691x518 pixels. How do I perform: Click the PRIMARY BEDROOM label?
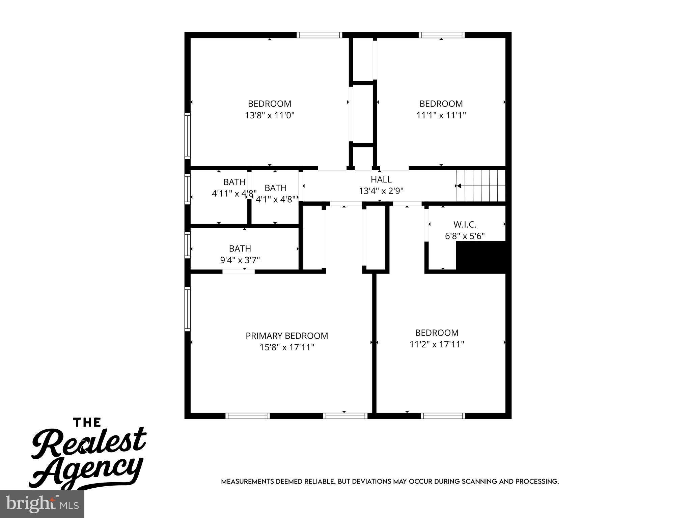tap(286, 336)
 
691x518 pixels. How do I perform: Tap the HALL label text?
tap(381, 179)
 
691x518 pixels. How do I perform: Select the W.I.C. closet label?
tap(465, 224)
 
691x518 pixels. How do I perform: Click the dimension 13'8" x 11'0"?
tap(270, 115)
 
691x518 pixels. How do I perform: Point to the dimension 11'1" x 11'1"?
tap(441, 115)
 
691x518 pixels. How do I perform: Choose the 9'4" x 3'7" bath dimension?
tap(240, 260)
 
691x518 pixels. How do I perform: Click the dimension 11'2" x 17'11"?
tap(437, 344)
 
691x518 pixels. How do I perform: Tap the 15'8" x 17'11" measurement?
tap(287, 347)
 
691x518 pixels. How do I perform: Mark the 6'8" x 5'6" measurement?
tap(465, 236)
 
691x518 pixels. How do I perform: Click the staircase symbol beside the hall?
tap(480, 185)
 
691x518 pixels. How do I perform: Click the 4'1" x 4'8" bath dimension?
tap(276, 199)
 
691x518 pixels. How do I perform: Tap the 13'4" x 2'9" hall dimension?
tap(381, 191)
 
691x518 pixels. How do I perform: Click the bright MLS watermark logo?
tap(42, 504)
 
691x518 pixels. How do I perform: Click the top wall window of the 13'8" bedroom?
tap(320, 35)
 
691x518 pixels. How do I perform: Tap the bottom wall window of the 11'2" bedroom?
tap(443, 416)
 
